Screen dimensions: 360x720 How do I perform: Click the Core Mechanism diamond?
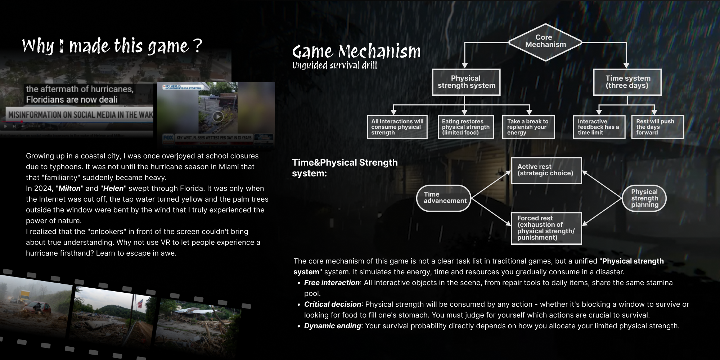(x=545, y=41)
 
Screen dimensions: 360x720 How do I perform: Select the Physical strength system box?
(x=466, y=82)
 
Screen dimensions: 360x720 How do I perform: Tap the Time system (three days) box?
(x=627, y=82)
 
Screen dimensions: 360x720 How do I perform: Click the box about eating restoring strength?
(x=465, y=127)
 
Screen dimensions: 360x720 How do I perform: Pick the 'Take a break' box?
(x=528, y=127)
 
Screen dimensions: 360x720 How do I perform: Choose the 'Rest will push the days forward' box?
(x=657, y=127)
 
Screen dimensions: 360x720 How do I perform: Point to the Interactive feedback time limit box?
(x=599, y=127)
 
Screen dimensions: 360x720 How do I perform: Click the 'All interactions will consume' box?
(x=397, y=127)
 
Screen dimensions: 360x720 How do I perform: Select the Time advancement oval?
(x=444, y=198)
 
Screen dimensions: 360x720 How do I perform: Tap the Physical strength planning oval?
(x=644, y=198)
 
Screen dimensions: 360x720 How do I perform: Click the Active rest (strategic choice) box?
(x=546, y=170)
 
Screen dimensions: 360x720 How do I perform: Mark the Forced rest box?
(x=546, y=228)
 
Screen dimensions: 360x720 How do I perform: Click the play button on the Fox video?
(x=218, y=116)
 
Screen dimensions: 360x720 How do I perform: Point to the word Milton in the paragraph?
(x=69, y=189)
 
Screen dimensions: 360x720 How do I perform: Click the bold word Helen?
(x=113, y=189)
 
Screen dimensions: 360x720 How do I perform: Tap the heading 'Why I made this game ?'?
(x=112, y=46)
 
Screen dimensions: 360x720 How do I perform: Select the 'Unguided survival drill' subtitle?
(x=334, y=66)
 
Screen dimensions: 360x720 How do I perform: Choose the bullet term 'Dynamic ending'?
(x=332, y=326)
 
